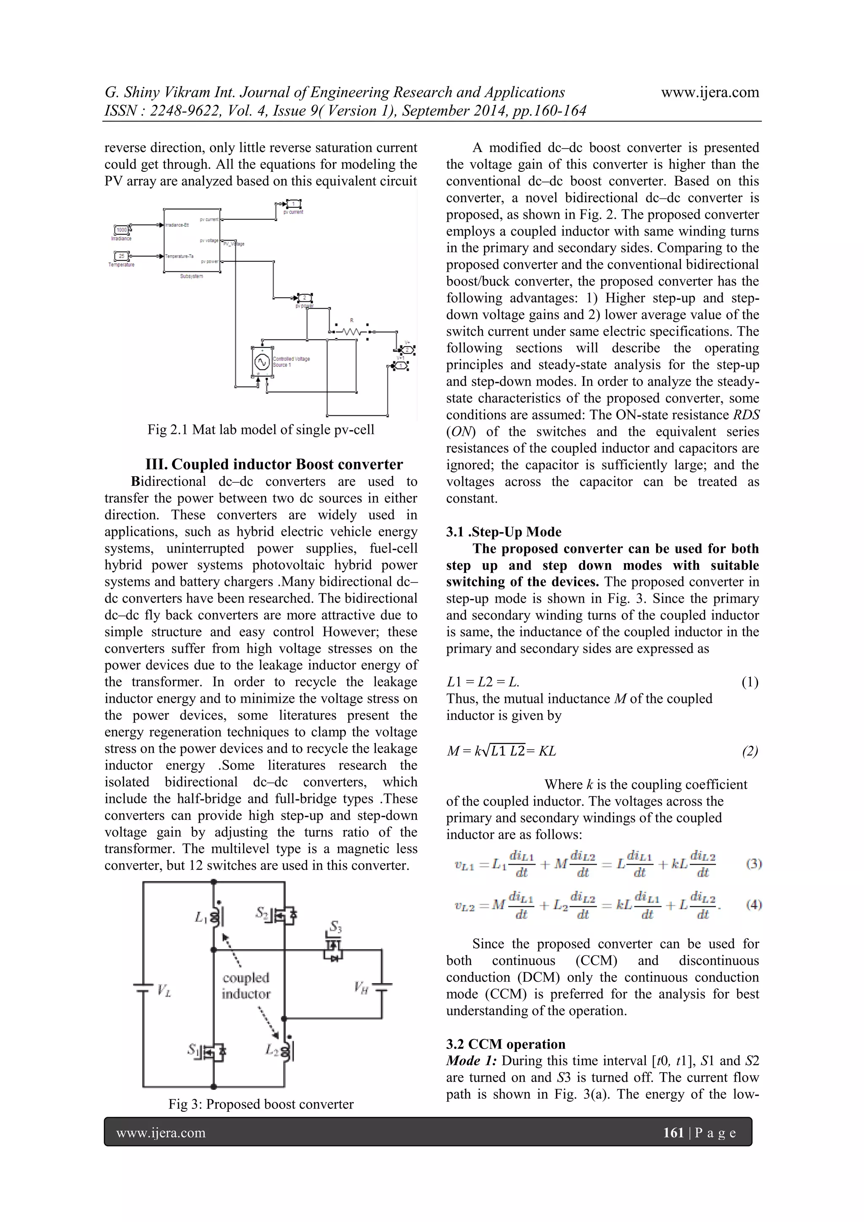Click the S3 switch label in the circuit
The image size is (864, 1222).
tap(335, 927)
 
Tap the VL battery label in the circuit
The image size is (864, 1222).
tap(163, 991)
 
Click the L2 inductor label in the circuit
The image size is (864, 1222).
tap(272, 1050)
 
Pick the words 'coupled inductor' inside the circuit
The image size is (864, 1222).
tap(246, 986)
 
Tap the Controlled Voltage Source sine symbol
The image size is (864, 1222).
tap(261, 362)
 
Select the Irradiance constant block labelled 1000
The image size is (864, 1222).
tap(122, 230)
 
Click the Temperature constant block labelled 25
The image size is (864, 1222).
tap(122, 256)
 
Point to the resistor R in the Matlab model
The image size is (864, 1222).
tap(351, 331)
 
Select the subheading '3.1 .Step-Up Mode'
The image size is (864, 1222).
tap(503, 532)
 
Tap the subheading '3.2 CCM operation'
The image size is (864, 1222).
tap(505, 1044)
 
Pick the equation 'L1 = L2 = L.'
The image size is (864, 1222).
tap(483, 682)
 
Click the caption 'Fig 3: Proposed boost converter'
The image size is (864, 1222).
tap(261, 1104)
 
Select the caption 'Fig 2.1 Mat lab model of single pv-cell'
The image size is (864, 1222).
tap(261, 430)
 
